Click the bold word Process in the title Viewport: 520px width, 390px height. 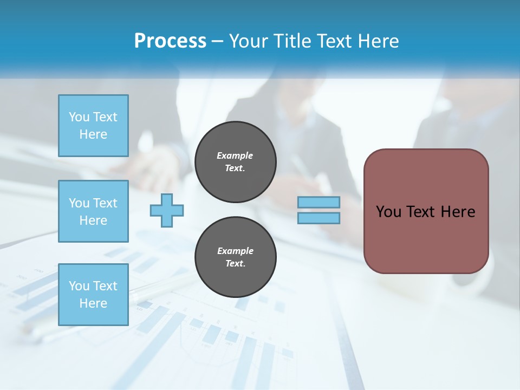(x=170, y=41)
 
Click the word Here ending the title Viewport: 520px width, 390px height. (x=377, y=41)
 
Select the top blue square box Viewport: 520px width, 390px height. (x=93, y=126)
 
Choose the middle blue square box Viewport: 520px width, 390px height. (x=93, y=211)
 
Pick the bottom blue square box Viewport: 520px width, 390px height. (x=93, y=295)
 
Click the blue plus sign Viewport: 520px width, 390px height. (x=167, y=211)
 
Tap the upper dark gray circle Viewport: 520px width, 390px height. (x=236, y=162)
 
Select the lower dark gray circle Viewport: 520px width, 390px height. (x=236, y=257)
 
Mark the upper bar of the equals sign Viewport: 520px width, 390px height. (x=318, y=202)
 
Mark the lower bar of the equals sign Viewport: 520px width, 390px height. (x=318, y=218)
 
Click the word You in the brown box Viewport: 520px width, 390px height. (x=388, y=212)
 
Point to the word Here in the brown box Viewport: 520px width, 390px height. (x=458, y=212)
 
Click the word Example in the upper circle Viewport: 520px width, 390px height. (x=235, y=155)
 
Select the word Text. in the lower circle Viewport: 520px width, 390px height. (x=235, y=264)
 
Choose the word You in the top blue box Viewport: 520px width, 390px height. (x=79, y=117)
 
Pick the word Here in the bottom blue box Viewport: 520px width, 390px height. (x=93, y=303)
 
